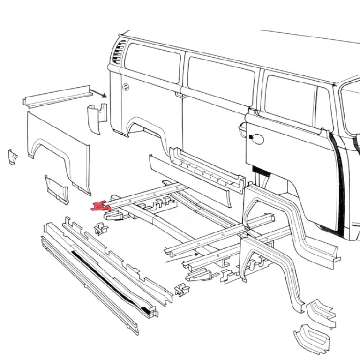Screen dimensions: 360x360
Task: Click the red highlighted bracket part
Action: point(98,206)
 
